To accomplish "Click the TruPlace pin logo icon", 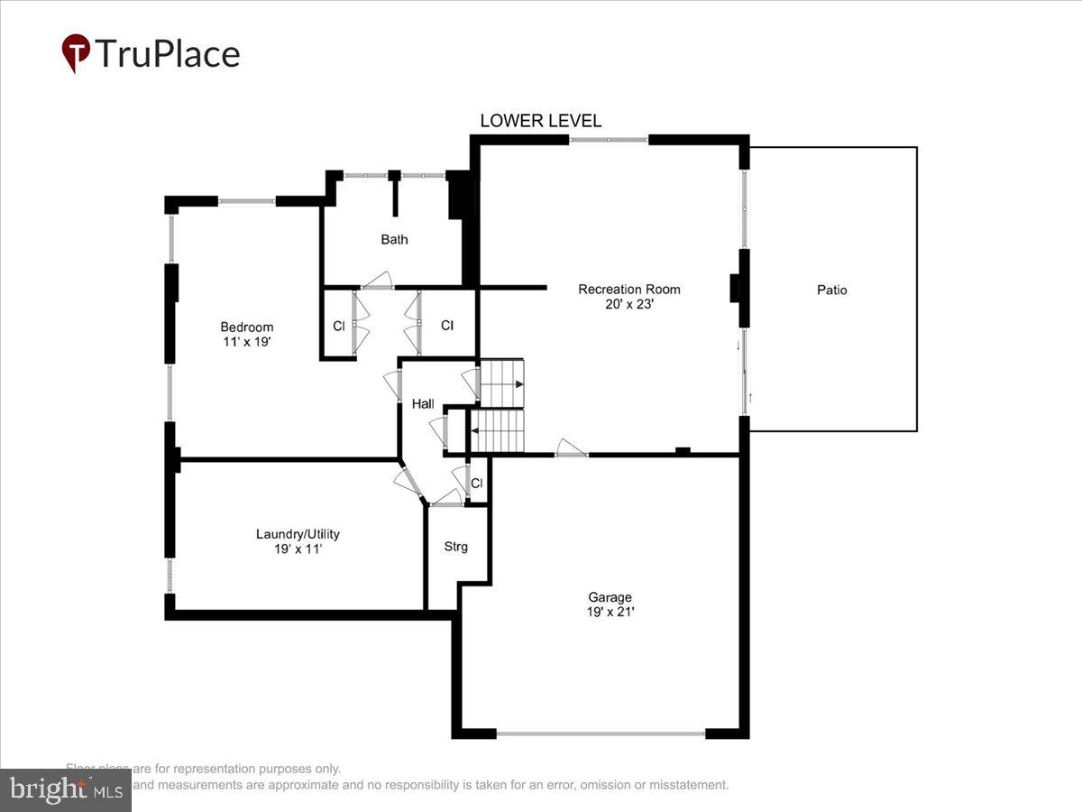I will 76,53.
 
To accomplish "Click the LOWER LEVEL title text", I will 540,121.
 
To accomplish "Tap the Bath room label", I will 394,239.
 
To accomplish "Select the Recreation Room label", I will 628,290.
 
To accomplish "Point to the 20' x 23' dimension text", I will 628,305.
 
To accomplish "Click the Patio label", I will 831,291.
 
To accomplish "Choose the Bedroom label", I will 246,327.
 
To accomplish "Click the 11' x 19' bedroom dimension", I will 246,342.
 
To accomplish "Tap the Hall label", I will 423,404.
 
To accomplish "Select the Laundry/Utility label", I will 298,533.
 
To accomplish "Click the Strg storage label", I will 455,547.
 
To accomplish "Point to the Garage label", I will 610,596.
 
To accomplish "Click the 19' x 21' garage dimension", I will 610,612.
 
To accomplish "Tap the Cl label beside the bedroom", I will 339,327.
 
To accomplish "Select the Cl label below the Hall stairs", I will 477,484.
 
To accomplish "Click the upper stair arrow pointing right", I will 518,384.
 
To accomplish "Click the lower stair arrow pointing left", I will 474,431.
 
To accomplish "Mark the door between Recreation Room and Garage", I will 571,448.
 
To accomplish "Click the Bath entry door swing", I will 377,281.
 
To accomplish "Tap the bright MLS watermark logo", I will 65,790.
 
